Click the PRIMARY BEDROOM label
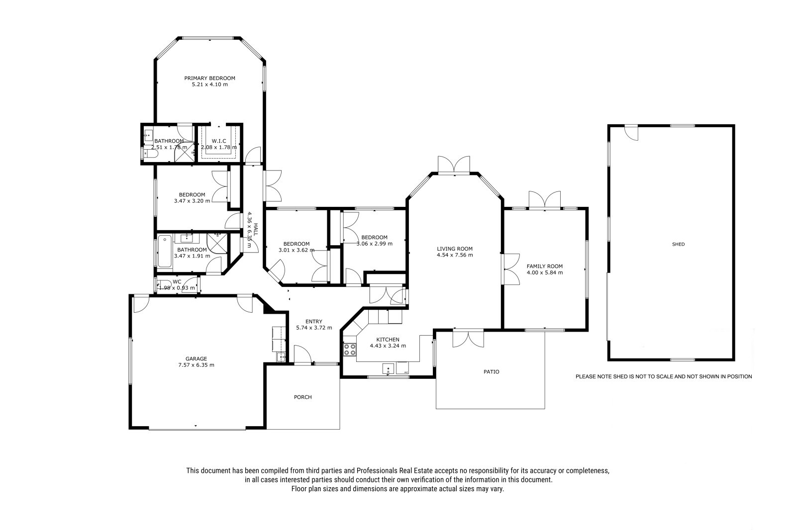click(x=209, y=78)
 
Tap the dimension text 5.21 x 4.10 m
click(x=209, y=85)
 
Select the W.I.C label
click(x=219, y=141)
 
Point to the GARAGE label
click(x=196, y=359)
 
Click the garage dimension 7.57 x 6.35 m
click(x=196, y=365)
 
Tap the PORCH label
click(x=303, y=397)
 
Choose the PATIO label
click(x=492, y=372)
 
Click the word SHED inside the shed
click(x=679, y=245)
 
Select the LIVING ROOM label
click(x=455, y=249)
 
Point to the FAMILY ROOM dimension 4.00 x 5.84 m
click(x=545, y=273)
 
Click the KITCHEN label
click(x=388, y=340)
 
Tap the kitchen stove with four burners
click(x=350, y=350)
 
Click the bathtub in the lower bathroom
click(x=165, y=252)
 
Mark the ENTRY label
click(x=314, y=322)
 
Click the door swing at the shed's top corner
click(x=631, y=134)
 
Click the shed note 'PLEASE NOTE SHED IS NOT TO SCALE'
click(x=664, y=376)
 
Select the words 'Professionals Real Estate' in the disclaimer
click(x=395, y=471)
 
